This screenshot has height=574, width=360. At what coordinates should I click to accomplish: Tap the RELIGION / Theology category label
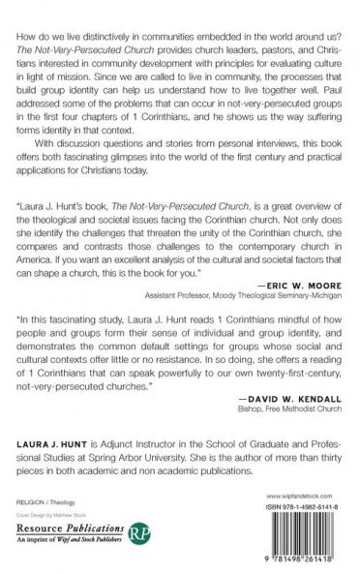[46, 503]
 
